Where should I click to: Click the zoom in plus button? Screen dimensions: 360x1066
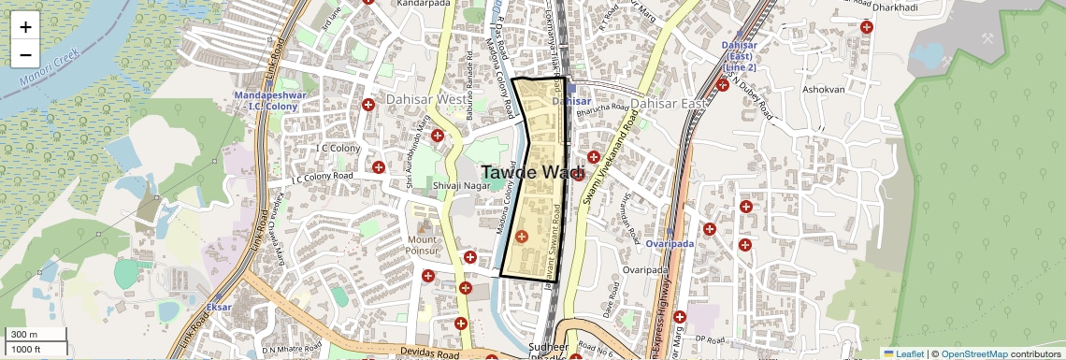(x=25, y=26)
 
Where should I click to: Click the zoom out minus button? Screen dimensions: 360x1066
(x=25, y=55)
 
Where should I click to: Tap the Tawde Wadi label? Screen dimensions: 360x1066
(x=533, y=172)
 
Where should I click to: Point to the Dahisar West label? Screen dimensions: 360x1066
(x=421, y=100)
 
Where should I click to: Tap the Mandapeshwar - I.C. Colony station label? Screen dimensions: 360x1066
(x=266, y=101)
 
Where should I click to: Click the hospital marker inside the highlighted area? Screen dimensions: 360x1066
(x=522, y=238)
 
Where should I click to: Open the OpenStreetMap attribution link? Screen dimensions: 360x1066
(x=973, y=353)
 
